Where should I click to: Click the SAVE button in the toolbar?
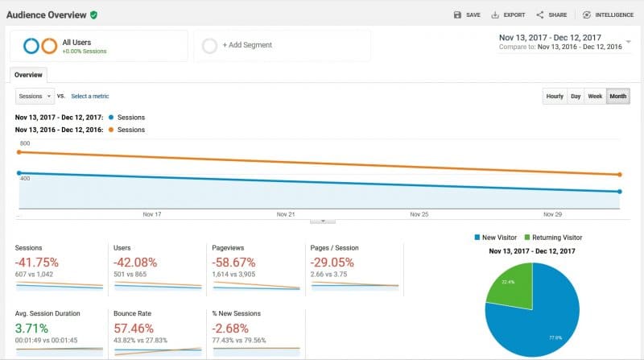tap(467, 14)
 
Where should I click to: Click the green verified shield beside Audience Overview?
tap(94, 14)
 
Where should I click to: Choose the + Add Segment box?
tap(282, 46)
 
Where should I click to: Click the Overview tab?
tap(28, 74)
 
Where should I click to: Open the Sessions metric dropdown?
tap(35, 96)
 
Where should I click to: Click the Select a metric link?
tap(89, 96)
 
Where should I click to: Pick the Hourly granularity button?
tap(555, 96)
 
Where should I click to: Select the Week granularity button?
tap(595, 96)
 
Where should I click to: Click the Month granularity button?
tap(618, 96)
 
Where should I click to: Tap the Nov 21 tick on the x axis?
tap(286, 214)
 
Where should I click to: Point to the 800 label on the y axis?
tap(25, 143)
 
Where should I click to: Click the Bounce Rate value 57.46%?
tap(134, 329)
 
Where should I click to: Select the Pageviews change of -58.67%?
tap(234, 263)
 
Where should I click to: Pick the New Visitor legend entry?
tap(497, 238)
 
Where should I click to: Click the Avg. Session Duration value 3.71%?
tap(31, 329)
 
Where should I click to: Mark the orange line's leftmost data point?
tap(19, 152)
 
